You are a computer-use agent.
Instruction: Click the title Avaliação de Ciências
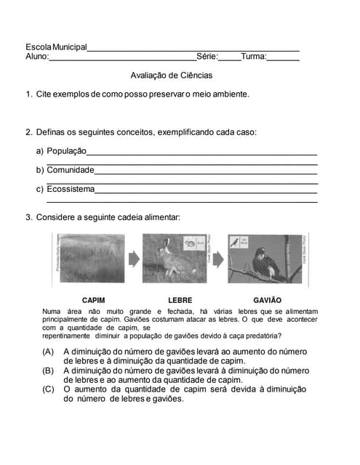(172, 75)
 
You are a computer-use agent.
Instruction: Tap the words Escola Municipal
(56, 47)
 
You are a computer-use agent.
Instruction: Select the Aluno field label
(37, 57)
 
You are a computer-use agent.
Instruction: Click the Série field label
(207, 57)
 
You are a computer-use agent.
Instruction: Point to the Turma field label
(254, 57)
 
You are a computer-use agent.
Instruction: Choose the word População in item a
(66, 151)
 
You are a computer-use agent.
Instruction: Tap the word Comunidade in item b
(71, 170)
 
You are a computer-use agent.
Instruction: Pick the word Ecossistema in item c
(71, 189)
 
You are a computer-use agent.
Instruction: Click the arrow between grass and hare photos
(133, 259)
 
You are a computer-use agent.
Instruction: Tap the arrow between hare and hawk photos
(217, 259)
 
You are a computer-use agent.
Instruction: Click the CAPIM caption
(94, 300)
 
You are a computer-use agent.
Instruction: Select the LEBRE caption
(180, 300)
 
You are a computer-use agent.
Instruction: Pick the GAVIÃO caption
(267, 300)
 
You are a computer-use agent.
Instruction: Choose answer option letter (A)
(49, 352)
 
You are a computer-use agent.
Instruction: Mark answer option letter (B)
(49, 371)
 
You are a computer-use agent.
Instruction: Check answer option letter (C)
(49, 389)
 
